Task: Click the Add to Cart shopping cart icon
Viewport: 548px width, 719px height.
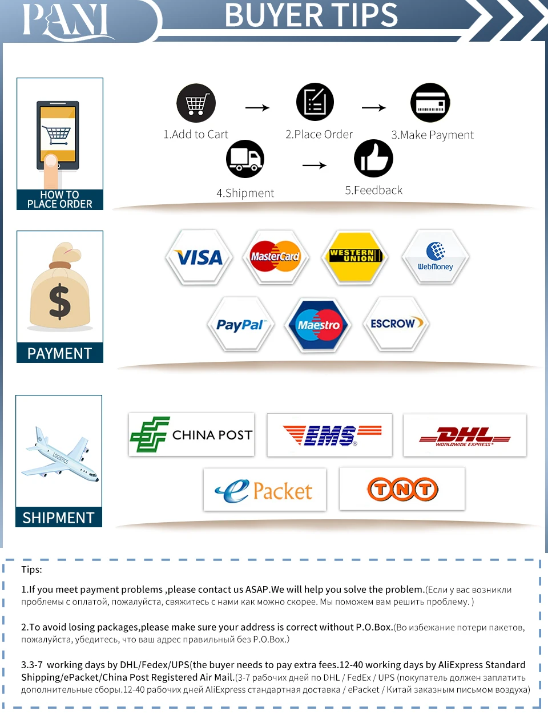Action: click(196, 103)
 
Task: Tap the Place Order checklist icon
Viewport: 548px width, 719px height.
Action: click(315, 102)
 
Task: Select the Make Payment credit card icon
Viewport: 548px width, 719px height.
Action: click(430, 103)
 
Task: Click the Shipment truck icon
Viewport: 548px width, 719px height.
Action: click(245, 159)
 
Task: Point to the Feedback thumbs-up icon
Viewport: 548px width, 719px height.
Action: click(373, 158)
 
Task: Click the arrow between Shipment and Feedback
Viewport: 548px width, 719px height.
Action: click(314, 165)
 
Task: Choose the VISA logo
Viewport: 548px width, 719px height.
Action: click(199, 257)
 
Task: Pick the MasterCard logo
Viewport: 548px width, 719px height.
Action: click(275, 257)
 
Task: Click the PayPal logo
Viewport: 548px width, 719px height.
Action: click(241, 324)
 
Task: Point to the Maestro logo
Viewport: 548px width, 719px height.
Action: click(319, 325)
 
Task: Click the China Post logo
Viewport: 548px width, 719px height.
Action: click(191, 435)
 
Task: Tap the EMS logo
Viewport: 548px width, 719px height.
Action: click(330, 435)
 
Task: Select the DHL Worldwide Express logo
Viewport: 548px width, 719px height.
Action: click(465, 436)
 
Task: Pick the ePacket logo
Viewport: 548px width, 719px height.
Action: click(264, 490)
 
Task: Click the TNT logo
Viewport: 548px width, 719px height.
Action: click(402, 489)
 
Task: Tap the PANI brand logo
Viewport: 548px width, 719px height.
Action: click(66, 21)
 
